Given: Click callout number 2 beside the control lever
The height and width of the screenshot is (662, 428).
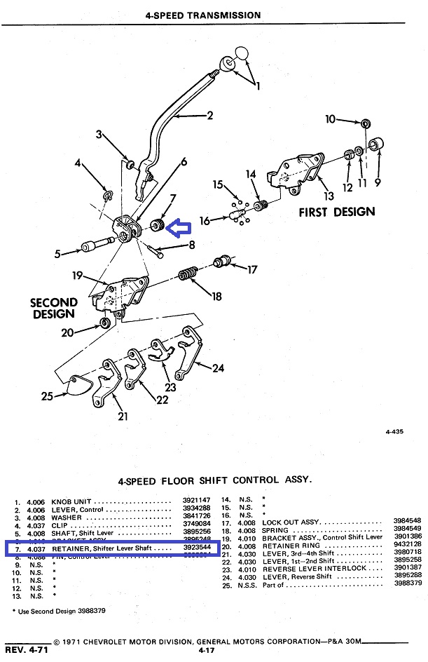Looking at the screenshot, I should point(209,116).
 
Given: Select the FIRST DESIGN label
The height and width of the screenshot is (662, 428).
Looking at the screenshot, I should point(337,212).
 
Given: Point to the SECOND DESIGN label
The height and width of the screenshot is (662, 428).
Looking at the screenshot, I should point(54,309).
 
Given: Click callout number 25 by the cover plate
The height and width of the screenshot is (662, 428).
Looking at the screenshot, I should point(47,396).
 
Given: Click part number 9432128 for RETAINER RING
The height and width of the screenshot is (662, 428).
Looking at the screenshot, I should point(407,544).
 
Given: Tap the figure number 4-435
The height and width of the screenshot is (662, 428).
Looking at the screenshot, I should point(397,432).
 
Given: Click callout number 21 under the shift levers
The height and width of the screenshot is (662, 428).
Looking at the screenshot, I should point(123,417).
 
